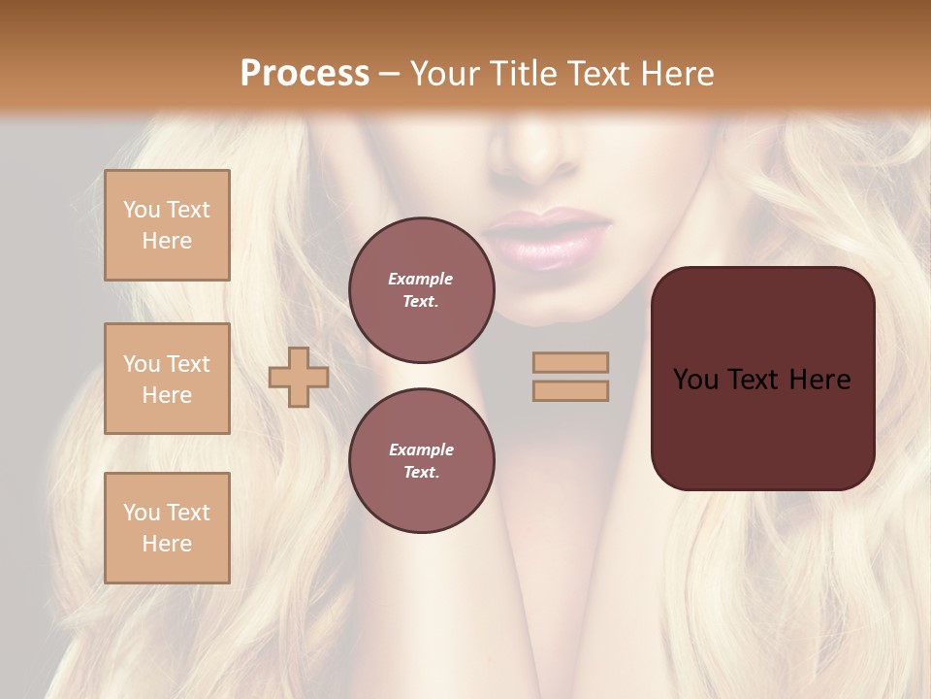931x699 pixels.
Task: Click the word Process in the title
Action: point(305,73)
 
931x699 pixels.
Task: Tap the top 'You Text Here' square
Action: point(167,225)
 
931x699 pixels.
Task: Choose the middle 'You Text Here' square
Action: point(167,379)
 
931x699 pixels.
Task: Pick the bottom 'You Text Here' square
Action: point(167,528)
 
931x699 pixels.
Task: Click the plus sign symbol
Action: point(299,377)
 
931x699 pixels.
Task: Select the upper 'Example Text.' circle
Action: point(421,290)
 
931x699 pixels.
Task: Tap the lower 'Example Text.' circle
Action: point(421,461)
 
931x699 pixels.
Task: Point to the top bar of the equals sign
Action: point(570,362)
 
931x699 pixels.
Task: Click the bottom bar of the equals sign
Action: point(570,391)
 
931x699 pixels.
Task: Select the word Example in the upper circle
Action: point(421,279)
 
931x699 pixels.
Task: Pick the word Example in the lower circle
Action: point(421,449)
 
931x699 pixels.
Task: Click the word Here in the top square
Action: point(167,241)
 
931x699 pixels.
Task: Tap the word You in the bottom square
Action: point(141,513)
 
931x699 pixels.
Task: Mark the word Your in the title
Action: point(443,73)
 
